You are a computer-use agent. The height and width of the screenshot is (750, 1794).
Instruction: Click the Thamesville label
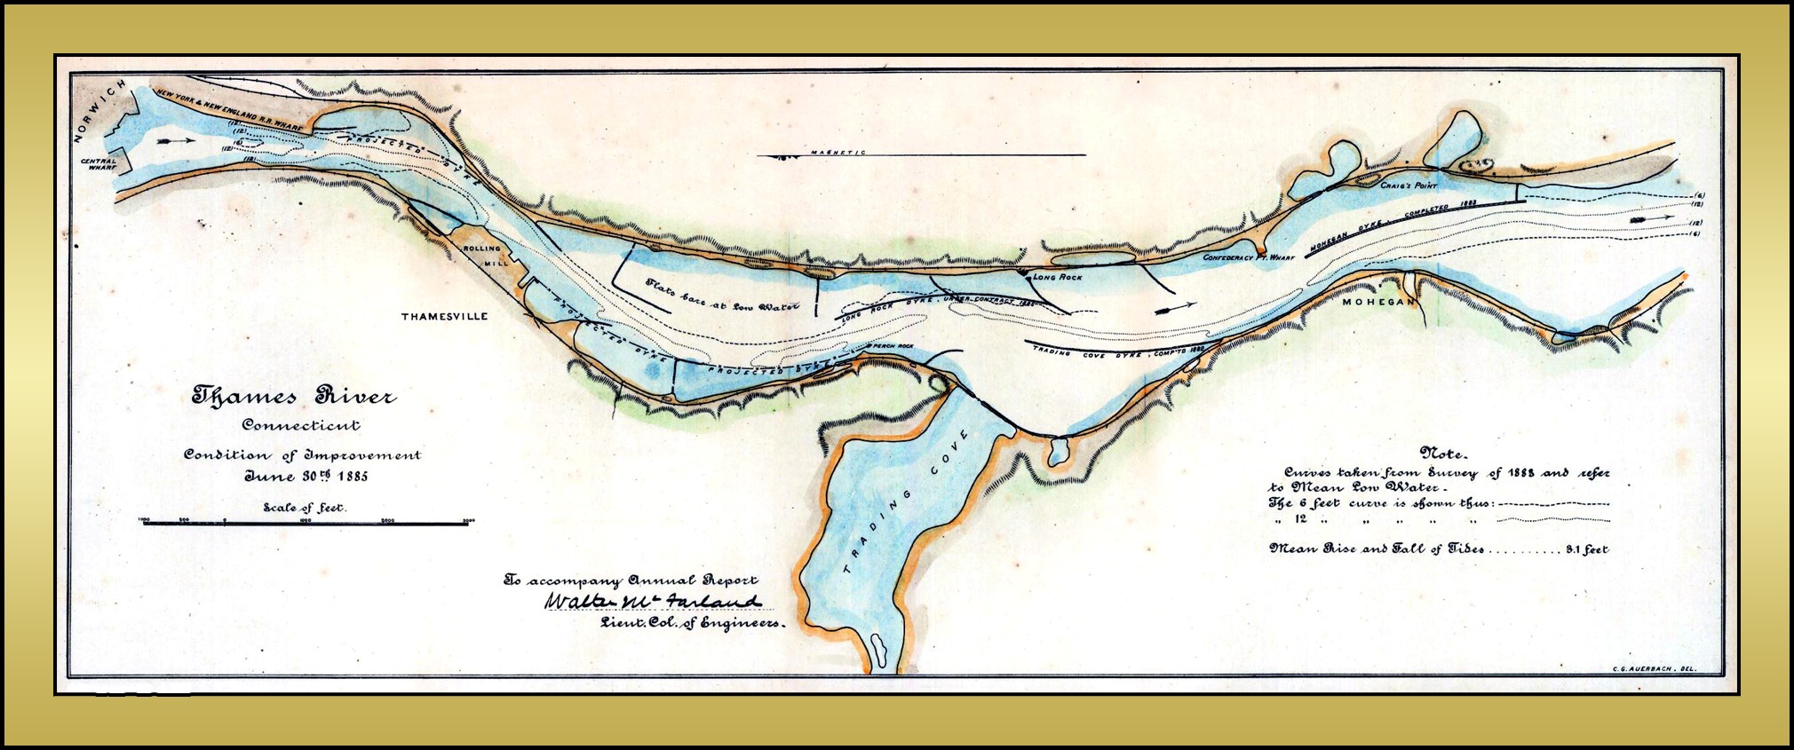click(444, 317)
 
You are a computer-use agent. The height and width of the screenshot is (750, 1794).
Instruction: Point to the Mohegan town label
click(1377, 302)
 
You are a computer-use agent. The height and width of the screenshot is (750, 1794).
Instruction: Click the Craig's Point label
click(1408, 186)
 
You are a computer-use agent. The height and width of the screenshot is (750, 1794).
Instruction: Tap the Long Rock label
click(1057, 277)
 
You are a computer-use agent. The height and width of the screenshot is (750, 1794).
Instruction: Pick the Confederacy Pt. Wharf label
click(1249, 257)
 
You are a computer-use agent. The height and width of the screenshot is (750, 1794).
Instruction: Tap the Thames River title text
click(294, 396)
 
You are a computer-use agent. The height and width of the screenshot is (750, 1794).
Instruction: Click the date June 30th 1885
click(306, 476)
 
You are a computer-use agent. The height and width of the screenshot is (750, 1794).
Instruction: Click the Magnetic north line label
click(837, 153)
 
